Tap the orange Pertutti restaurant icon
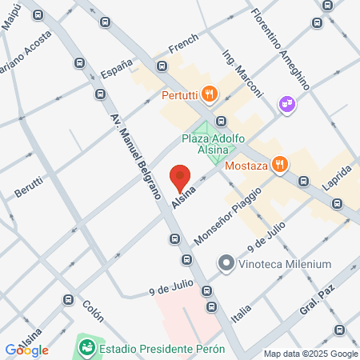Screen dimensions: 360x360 click(208, 94)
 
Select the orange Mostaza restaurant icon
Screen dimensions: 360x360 click(278, 166)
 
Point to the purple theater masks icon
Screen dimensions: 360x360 click(286, 104)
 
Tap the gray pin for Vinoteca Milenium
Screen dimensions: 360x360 click(226, 263)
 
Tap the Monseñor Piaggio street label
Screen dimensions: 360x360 click(228, 216)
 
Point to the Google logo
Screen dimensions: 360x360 click(26, 350)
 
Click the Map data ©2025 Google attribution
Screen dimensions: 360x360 click(310, 354)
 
